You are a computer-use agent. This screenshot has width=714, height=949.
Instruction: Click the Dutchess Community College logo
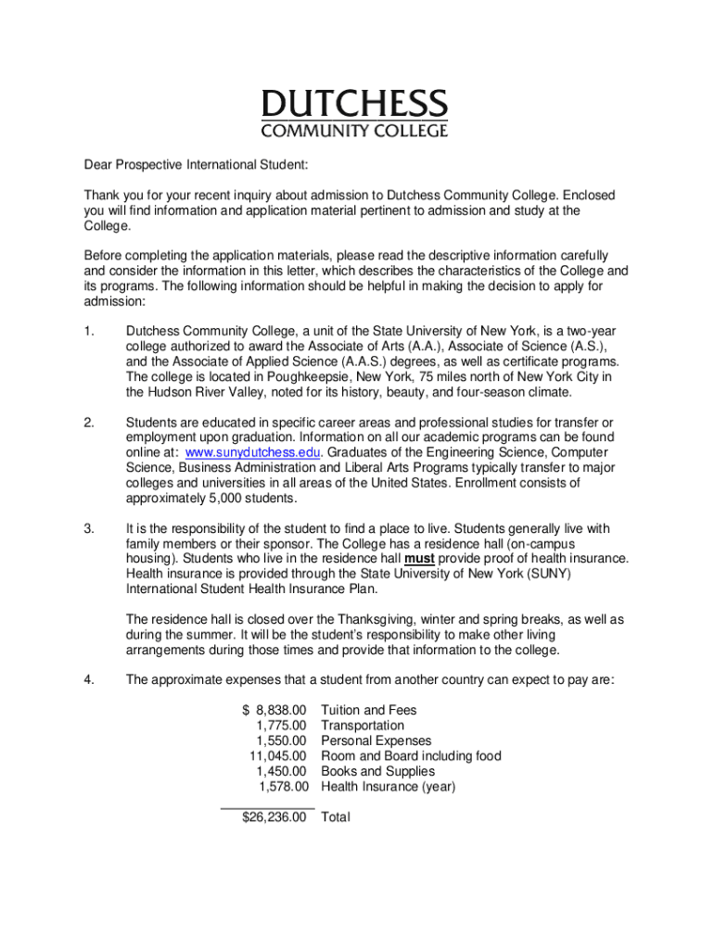pos(355,113)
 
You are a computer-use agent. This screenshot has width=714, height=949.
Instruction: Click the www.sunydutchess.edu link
pos(253,452)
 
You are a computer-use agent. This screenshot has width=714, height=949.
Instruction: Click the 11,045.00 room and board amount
pos(277,756)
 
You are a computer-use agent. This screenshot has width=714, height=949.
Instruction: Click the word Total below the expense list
pos(336,817)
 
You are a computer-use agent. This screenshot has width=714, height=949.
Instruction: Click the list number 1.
pos(88,331)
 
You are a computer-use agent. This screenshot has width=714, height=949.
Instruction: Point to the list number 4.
pos(88,680)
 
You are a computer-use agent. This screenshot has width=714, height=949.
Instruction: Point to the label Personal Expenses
pos(376,741)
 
